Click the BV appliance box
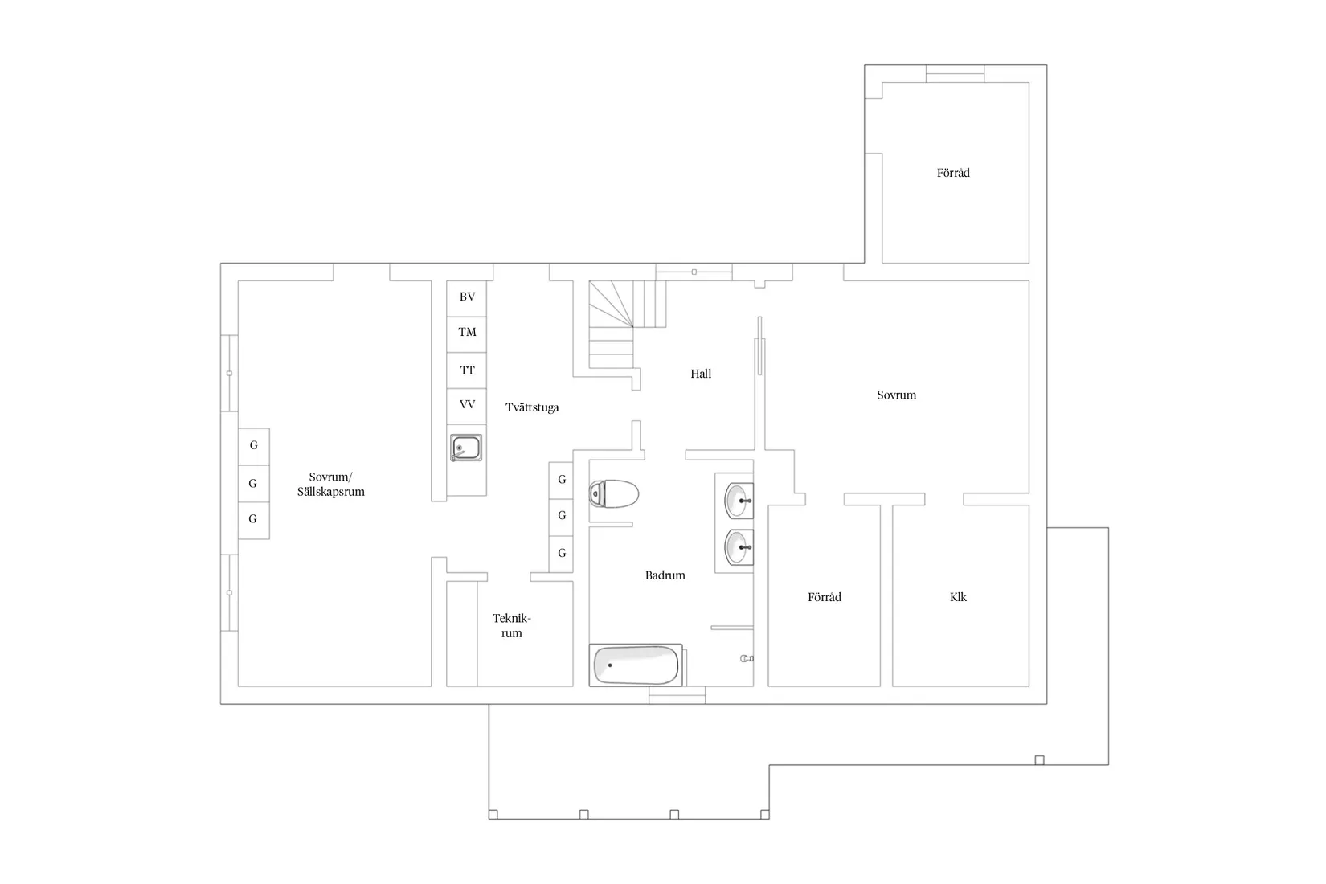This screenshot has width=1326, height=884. coord(467,298)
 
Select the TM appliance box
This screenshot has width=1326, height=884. coord(467,334)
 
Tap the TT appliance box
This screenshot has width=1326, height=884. coord(467,370)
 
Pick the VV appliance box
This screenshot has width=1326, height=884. coord(467,406)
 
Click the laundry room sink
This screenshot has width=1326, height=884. coord(466,448)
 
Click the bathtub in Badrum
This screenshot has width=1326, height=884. coord(636,665)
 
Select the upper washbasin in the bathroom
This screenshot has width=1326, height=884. coord(738,501)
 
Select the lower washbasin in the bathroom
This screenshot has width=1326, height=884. coord(738,548)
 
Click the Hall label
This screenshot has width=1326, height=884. coord(701,374)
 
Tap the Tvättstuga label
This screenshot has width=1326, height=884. coord(532,407)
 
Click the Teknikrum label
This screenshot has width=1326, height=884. coord(512,626)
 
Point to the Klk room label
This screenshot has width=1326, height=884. coord(958,597)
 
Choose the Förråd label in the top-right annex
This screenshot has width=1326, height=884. coord(953,173)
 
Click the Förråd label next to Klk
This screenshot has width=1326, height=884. coord(825,597)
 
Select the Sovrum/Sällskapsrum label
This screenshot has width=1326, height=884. coord(331,485)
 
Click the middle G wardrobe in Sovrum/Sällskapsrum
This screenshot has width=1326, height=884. coord(253,483)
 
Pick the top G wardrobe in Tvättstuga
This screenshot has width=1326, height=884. coord(561,480)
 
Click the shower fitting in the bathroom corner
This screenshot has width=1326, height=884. coord(746,658)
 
